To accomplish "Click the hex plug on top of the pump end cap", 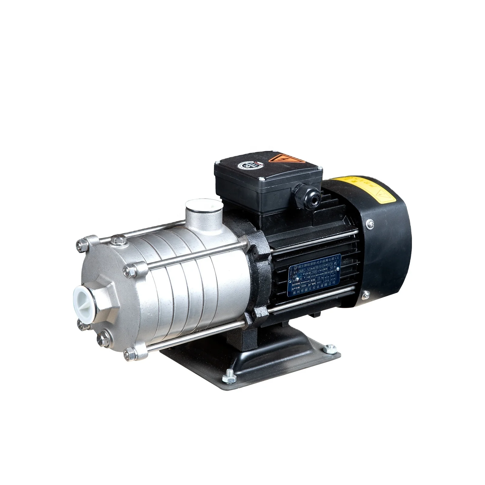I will [x=116, y=241].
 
